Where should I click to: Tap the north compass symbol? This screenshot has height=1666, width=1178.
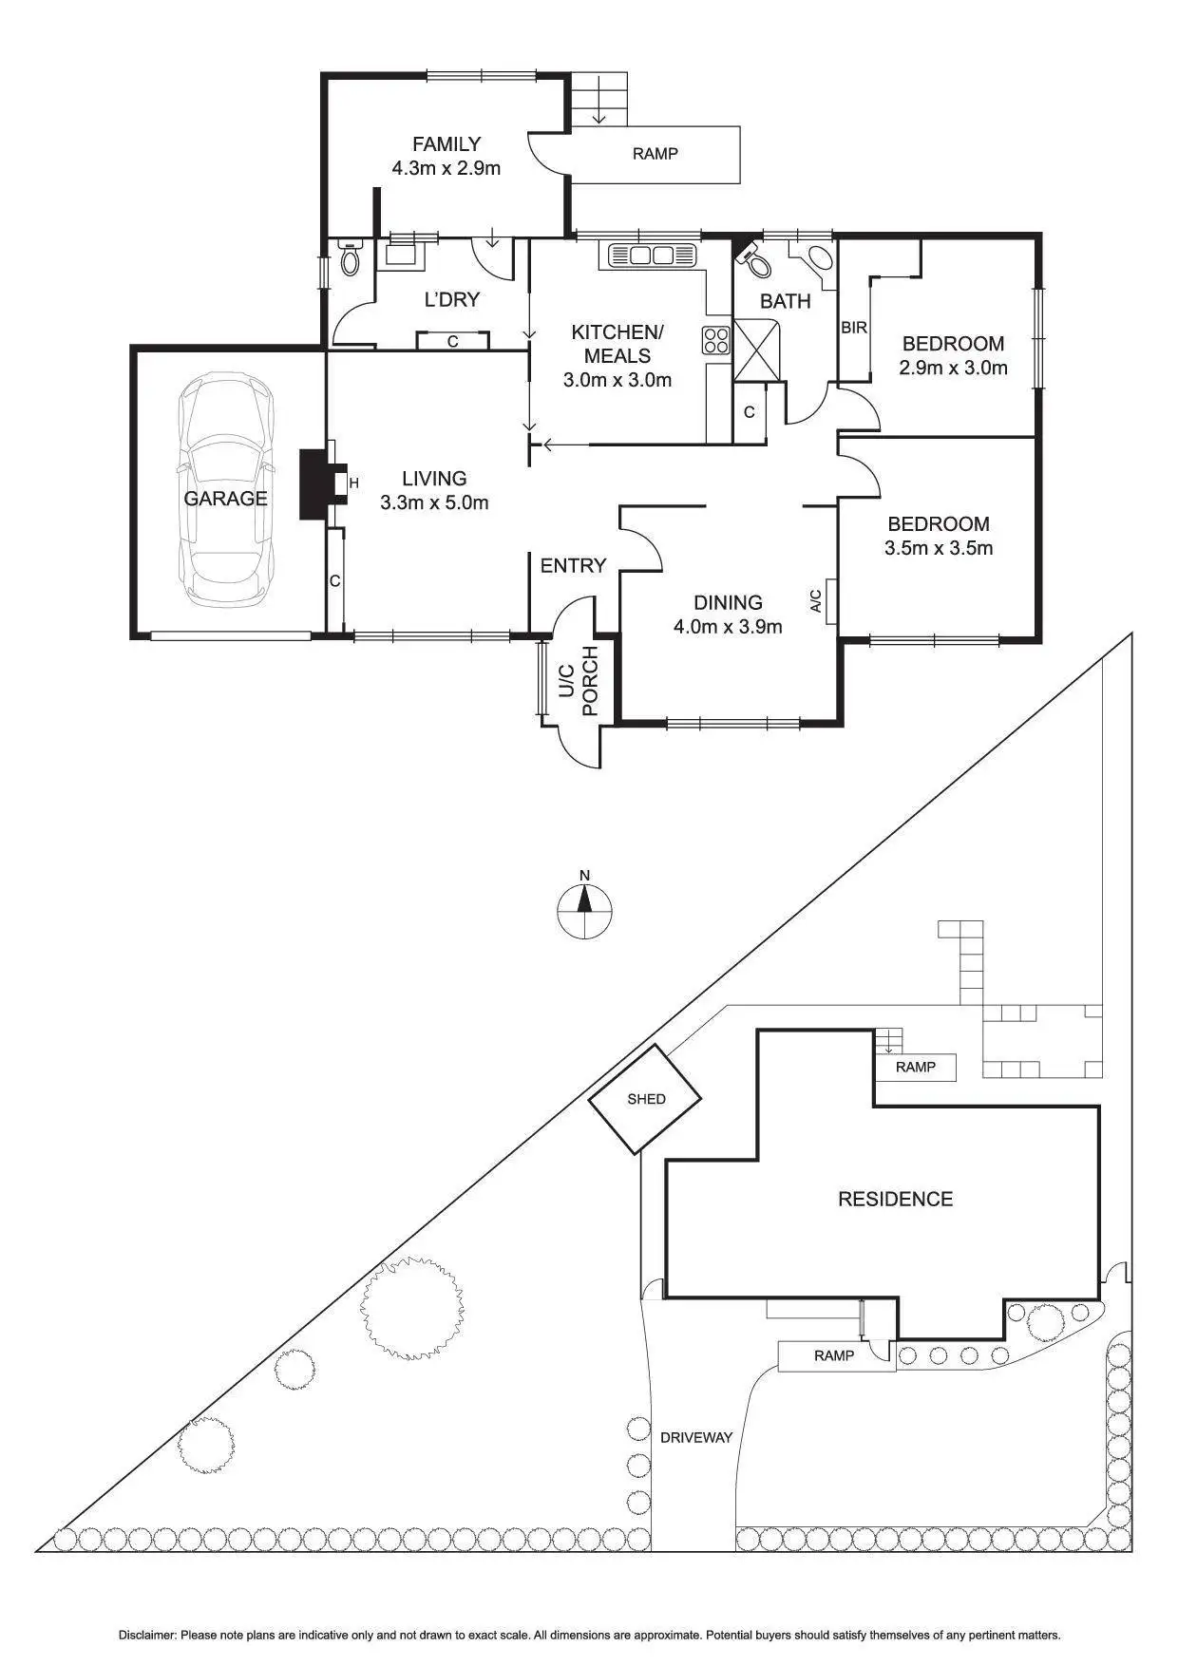click(x=585, y=910)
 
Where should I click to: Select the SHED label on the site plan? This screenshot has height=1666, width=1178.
click(x=646, y=1099)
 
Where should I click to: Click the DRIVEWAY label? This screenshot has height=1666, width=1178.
click(x=696, y=1437)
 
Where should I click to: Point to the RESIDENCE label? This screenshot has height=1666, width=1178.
click(x=895, y=1199)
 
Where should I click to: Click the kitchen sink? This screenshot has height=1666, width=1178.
click(x=651, y=255)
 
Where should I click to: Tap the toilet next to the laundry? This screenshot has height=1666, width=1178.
click(x=351, y=257)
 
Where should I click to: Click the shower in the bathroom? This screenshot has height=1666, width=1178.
click(x=757, y=350)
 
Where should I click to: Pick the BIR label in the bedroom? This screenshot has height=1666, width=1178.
click(x=854, y=328)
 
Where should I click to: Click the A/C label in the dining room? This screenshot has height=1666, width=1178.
click(x=815, y=601)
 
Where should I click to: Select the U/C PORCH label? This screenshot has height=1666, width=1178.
click(x=577, y=681)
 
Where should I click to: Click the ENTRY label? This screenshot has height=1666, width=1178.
click(x=573, y=566)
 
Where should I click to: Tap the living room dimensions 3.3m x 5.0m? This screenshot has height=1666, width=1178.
click(x=434, y=503)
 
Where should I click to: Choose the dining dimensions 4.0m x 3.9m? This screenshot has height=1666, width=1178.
click(x=728, y=626)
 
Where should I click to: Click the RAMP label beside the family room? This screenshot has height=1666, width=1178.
click(x=655, y=153)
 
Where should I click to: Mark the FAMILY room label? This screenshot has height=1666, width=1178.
click(x=446, y=144)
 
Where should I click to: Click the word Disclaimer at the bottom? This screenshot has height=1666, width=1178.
click(x=146, y=1635)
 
